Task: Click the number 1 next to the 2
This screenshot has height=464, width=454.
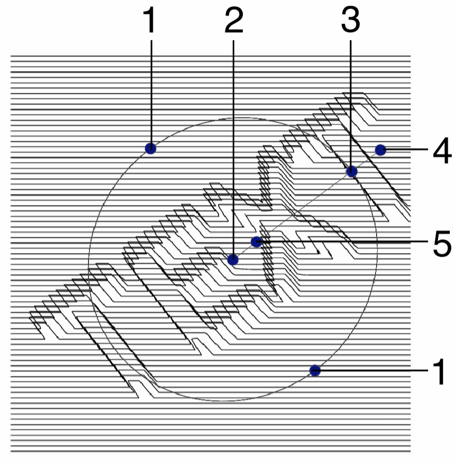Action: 151,21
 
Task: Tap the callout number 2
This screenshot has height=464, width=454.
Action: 233,21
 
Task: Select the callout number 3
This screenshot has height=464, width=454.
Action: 351,21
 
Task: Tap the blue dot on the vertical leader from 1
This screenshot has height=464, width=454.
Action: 151,148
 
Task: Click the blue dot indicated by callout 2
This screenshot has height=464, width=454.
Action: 233,260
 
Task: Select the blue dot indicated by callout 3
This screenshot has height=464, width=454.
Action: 352,171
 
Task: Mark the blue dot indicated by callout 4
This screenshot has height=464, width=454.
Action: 380,150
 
